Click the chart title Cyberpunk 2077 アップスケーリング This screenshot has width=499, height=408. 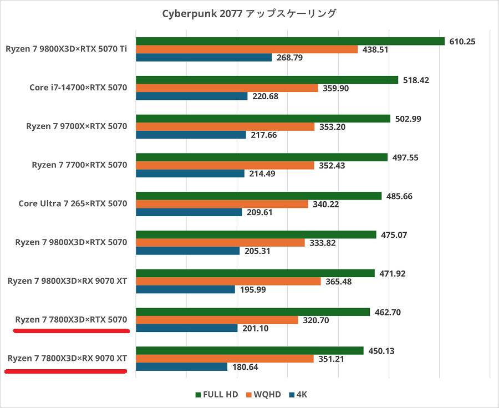(x=249, y=13)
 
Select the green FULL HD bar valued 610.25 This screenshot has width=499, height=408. (x=290, y=41)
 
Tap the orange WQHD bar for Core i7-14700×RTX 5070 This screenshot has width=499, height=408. (x=227, y=88)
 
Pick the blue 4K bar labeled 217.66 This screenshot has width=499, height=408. (x=191, y=135)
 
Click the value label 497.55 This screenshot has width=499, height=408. (x=406, y=157)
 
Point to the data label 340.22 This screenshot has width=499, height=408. (x=326, y=204)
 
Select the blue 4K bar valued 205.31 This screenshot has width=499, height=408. (x=187, y=251)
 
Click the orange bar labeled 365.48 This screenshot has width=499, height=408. (x=228, y=281)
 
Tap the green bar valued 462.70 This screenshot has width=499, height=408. (x=252, y=312)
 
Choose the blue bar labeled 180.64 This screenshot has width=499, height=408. (x=181, y=367)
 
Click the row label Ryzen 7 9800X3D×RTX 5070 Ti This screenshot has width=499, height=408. (x=67, y=49)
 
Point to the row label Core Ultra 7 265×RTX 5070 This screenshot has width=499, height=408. (x=73, y=203)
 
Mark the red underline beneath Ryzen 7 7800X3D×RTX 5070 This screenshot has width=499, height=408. (x=72, y=331)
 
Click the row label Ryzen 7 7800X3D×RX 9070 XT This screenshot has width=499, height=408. (x=67, y=358)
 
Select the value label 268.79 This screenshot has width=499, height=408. (x=289, y=58)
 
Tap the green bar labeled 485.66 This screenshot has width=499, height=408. (x=258, y=196)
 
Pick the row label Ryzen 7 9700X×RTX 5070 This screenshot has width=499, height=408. (x=77, y=126)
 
